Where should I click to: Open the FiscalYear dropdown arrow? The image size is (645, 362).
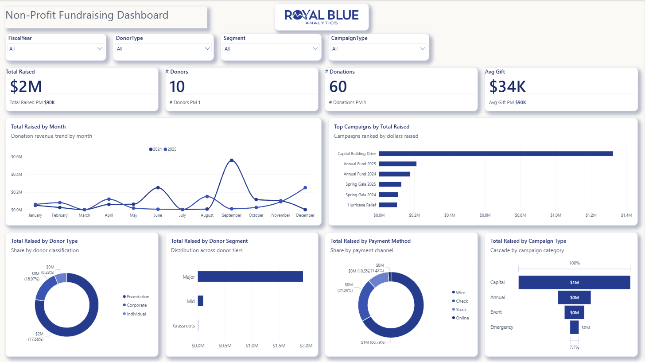tap(100, 48)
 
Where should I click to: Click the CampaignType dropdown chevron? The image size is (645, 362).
tap(423, 48)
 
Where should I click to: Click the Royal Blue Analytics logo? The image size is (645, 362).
tap(322, 17)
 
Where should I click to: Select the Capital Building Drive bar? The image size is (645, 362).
tap(496, 153)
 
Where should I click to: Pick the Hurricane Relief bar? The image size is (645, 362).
tap(388, 205)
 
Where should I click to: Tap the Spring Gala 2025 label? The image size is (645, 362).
tap(361, 184)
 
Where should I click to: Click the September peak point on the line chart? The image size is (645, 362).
tap(232, 160)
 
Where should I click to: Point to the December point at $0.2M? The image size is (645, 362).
tap(305, 188)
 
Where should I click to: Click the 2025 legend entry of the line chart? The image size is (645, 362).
tap(170, 149)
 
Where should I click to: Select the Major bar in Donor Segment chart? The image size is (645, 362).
tap(250, 276)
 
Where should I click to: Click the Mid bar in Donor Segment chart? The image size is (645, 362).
tap(200, 301)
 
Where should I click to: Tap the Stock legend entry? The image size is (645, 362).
tap(459, 309)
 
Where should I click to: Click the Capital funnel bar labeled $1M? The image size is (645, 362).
tap(574, 282)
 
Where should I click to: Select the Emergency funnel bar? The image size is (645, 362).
tap(574, 327)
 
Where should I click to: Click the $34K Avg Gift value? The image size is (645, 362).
tap(507, 86)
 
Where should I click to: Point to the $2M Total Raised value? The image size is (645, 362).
tap(26, 86)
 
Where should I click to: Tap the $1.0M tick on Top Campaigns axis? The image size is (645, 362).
tap(556, 215)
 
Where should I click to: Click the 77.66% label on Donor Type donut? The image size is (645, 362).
tap(36, 339)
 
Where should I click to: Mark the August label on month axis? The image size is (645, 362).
tap(207, 215)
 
